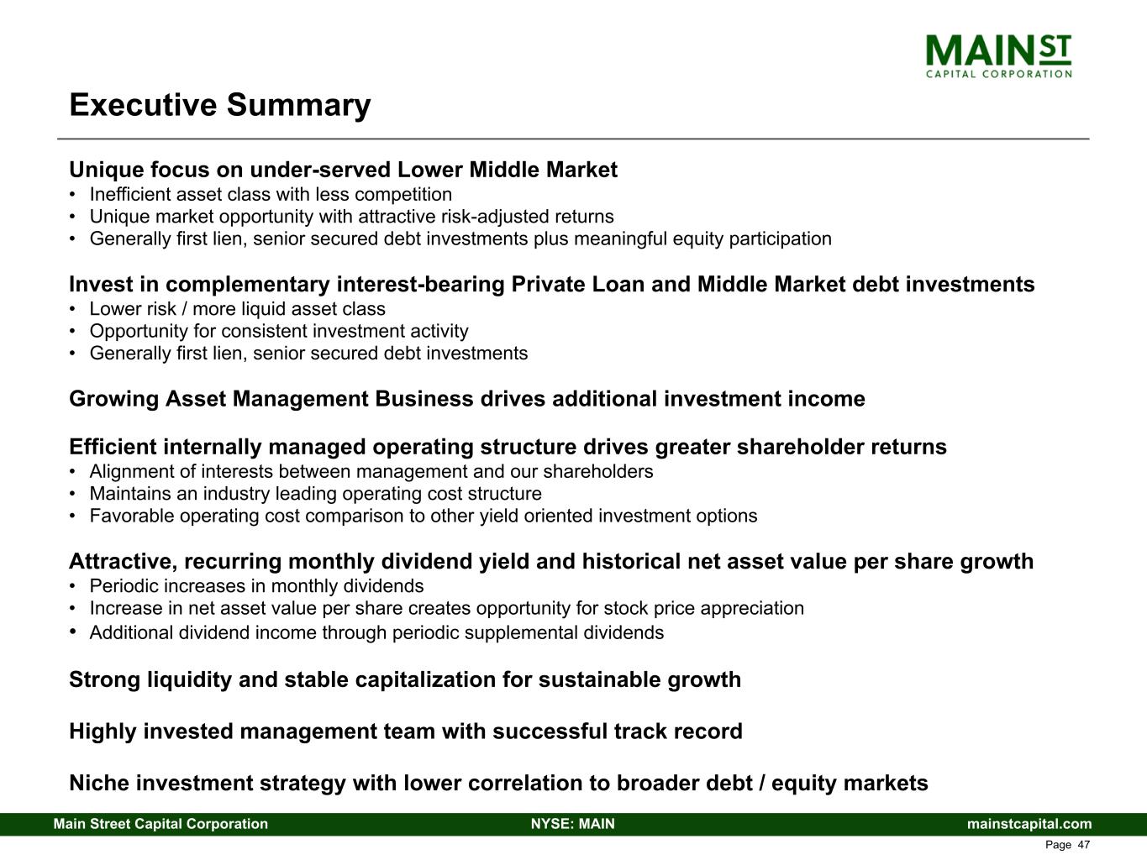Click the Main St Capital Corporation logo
(x=998, y=56)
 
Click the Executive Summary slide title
(x=220, y=105)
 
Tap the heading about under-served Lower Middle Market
(x=344, y=170)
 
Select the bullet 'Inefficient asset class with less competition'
(x=271, y=194)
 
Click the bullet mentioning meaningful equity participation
(x=460, y=239)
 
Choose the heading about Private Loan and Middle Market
(x=552, y=284)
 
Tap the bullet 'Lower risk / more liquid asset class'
(x=237, y=308)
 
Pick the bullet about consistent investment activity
(x=279, y=331)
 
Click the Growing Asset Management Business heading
(x=467, y=399)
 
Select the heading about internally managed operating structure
(x=508, y=447)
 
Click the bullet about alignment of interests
(x=371, y=471)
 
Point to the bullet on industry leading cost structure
(x=316, y=494)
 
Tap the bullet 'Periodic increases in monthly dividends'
(x=256, y=586)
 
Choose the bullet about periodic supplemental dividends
(x=376, y=632)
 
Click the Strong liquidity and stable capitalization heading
(x=405, y=680)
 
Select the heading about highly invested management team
(x=406, y=732)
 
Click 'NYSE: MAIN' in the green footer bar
(x=573, y=824)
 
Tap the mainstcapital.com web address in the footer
(x=1029, y=824)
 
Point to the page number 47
(x=1084, y=845)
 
